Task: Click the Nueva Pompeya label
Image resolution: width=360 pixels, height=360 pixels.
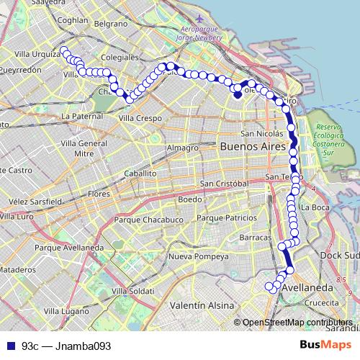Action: pyautogui.click(x=197, y=256)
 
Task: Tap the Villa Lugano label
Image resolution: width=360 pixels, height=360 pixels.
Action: pyautogui.click(x=66, y=311)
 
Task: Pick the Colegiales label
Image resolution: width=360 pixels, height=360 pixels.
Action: pyautogui.click(x=120, y=55)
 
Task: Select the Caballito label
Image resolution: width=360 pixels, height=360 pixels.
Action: pyautogui.click(x=140, y=174)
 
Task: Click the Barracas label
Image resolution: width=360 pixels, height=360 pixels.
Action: pyautogui.click(x=255, y=237)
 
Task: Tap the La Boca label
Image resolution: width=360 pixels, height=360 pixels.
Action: pyautogui.click(x=315, y=207)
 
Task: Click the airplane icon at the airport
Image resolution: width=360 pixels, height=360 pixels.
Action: pyautogui.click(x=199, y=18)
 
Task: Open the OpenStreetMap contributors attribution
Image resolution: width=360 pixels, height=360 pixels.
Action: pyautogui.click(x=297, y=323)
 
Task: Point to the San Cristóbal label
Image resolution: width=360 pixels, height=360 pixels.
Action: pyautogui.click(x=225, y=184)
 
